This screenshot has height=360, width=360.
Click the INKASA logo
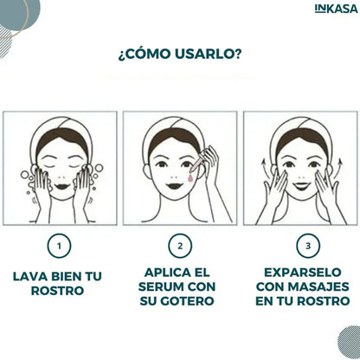(x=336, y=9)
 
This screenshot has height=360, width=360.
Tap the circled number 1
(x=59, y=246)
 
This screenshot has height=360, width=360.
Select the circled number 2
(x=180, y=246)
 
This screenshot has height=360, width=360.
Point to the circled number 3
(x=308, y=246)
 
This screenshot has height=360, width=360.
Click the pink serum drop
(x=190, y=178)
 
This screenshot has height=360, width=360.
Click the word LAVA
(x=29, y=276)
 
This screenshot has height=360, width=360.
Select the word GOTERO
(x=187, y=301)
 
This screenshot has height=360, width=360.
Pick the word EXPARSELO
(x=303, y=273)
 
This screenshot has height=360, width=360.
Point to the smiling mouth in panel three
(x=302, y=185)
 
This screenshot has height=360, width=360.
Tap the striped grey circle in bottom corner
(x=349, y=343)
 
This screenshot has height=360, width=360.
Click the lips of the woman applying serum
(x=173, y=185)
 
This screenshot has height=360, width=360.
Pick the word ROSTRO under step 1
(x=57, y=291)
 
